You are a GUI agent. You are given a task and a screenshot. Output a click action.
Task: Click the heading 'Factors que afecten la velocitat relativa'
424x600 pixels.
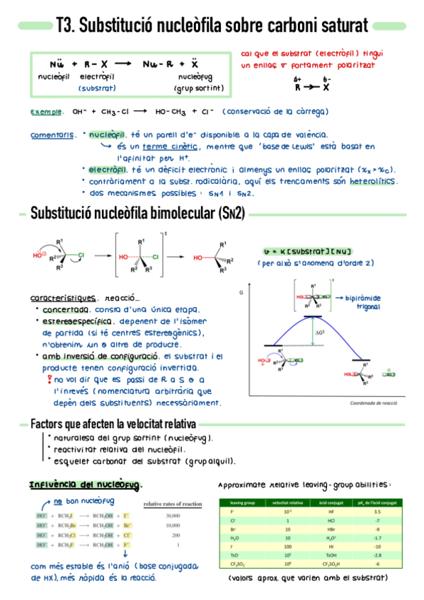pos(113,425)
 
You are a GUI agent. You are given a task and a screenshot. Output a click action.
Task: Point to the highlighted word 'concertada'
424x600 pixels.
pos(65,310)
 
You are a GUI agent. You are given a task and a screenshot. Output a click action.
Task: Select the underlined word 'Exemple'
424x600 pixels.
pos(45,112)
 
